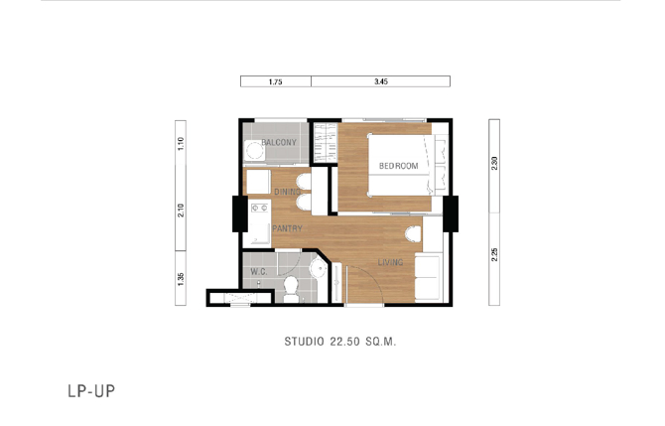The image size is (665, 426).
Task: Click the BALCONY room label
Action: pos(279,143)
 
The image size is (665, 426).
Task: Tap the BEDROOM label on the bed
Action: pos(399,166)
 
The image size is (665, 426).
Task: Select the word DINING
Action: pos(287,192)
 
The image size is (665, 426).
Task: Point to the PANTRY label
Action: pos(287,228)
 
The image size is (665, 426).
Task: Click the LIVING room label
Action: pos(390,262)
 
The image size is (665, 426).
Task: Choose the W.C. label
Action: pos(259,271)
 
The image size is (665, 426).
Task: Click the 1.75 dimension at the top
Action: pos(276,81)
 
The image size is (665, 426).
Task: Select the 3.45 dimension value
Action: pos(381,81)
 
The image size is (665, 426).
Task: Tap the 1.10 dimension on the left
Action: pos(181,143)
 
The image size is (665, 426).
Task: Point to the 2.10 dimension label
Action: pos(181,211)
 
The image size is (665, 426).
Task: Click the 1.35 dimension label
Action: pos(181,279)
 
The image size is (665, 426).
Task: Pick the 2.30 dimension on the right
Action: pos(494,164)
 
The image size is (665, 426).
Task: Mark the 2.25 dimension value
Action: pos(494,254)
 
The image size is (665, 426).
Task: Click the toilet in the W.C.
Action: pos(291,289)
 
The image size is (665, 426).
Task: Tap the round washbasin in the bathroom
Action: pos(318,268)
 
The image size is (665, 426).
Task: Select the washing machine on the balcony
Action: pos(254,151)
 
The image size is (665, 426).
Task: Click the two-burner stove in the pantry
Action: pos(260,208)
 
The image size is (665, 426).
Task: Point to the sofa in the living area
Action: pos(427,277)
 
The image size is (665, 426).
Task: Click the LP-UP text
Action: pos(91,391)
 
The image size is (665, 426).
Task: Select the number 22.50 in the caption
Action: pos(344,342)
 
